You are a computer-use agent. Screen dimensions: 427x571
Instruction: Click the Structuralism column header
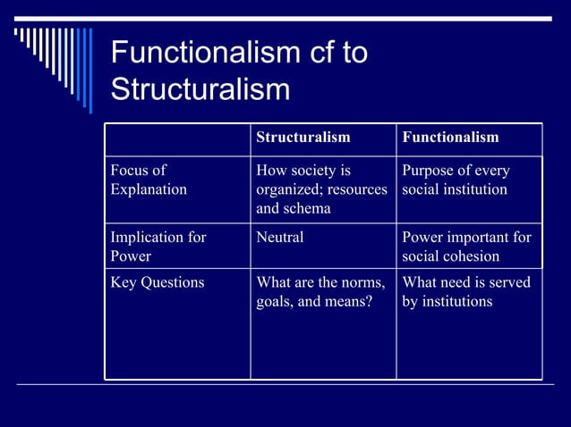point(303,138)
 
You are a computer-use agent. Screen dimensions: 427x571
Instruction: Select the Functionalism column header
point(450,138)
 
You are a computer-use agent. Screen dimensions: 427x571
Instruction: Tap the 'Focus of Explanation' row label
point(149,180)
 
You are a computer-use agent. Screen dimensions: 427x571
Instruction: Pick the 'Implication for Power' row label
point(158,247)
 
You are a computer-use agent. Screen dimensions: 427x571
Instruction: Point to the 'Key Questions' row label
point(157,282)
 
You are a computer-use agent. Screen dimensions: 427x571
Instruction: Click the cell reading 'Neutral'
point(280,238)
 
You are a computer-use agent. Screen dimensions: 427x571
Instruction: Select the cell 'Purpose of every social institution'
point(455,180)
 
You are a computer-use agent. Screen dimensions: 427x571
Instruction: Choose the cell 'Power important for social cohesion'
point(466,247)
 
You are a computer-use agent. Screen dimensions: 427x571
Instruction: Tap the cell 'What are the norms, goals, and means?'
point(320,292)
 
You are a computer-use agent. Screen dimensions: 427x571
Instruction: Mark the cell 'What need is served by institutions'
point(465,292)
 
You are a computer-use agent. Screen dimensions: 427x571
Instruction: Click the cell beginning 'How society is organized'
point(321,189)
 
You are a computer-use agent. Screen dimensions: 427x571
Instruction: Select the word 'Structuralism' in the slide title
point(200,89)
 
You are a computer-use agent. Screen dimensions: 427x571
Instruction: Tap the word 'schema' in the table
point(309,208)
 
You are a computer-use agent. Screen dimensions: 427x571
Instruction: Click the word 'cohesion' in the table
point(471,256)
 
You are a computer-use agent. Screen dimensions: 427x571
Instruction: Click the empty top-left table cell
point(177,138)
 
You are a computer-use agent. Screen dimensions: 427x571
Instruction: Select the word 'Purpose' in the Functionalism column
point(430,170)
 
